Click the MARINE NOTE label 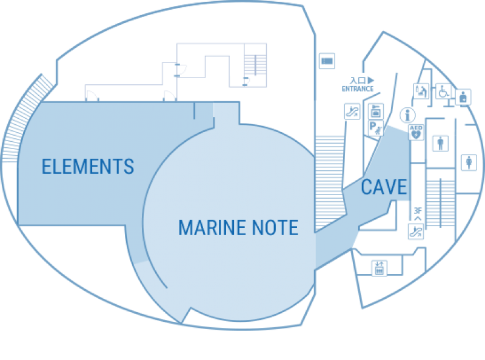[x=238, y=228]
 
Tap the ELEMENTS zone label [x=88, y=166]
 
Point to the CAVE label [x=383, y=187]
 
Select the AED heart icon [x=416, y=133]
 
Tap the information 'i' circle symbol [x=408, y=113]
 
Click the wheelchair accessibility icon [x=443, y=92]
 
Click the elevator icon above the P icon [x=375, y=112]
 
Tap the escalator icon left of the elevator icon [x=350, y=112]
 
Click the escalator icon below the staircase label [x=416, y=230]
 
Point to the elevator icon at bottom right [x=380, y=267]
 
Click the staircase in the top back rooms [x=255, y=64]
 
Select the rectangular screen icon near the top [x=327, y=61]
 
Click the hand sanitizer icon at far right [x=464, y=96]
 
